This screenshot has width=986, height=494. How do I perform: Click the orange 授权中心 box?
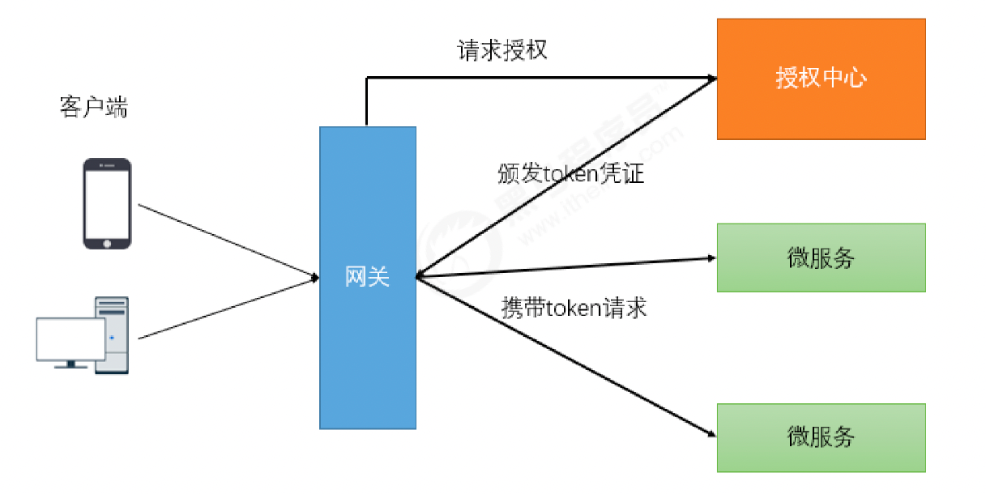click(821, 79)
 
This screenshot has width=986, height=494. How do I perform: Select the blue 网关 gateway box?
click(367, 356)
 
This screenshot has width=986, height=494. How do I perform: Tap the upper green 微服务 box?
click(821, 258)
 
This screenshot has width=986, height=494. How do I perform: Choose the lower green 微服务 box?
click(821, 437)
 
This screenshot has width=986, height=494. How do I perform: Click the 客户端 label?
click(93, 108)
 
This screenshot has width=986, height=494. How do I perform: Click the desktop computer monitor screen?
click(70, 339)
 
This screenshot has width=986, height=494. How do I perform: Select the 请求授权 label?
click(502, 50)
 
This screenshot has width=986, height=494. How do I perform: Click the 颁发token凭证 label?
click(570, 172)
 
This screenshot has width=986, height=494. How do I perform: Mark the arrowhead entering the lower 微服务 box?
click(711, 436)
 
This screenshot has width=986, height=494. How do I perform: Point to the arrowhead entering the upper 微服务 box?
click(711, 258)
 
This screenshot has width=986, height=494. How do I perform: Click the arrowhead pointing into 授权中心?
click(712, 79)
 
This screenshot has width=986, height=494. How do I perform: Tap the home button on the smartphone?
click(107, 241)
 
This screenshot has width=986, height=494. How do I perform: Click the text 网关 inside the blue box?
click(367, 277)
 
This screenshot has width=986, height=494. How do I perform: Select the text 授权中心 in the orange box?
click(821, 79)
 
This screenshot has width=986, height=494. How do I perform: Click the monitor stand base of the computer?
click(71, 367)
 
